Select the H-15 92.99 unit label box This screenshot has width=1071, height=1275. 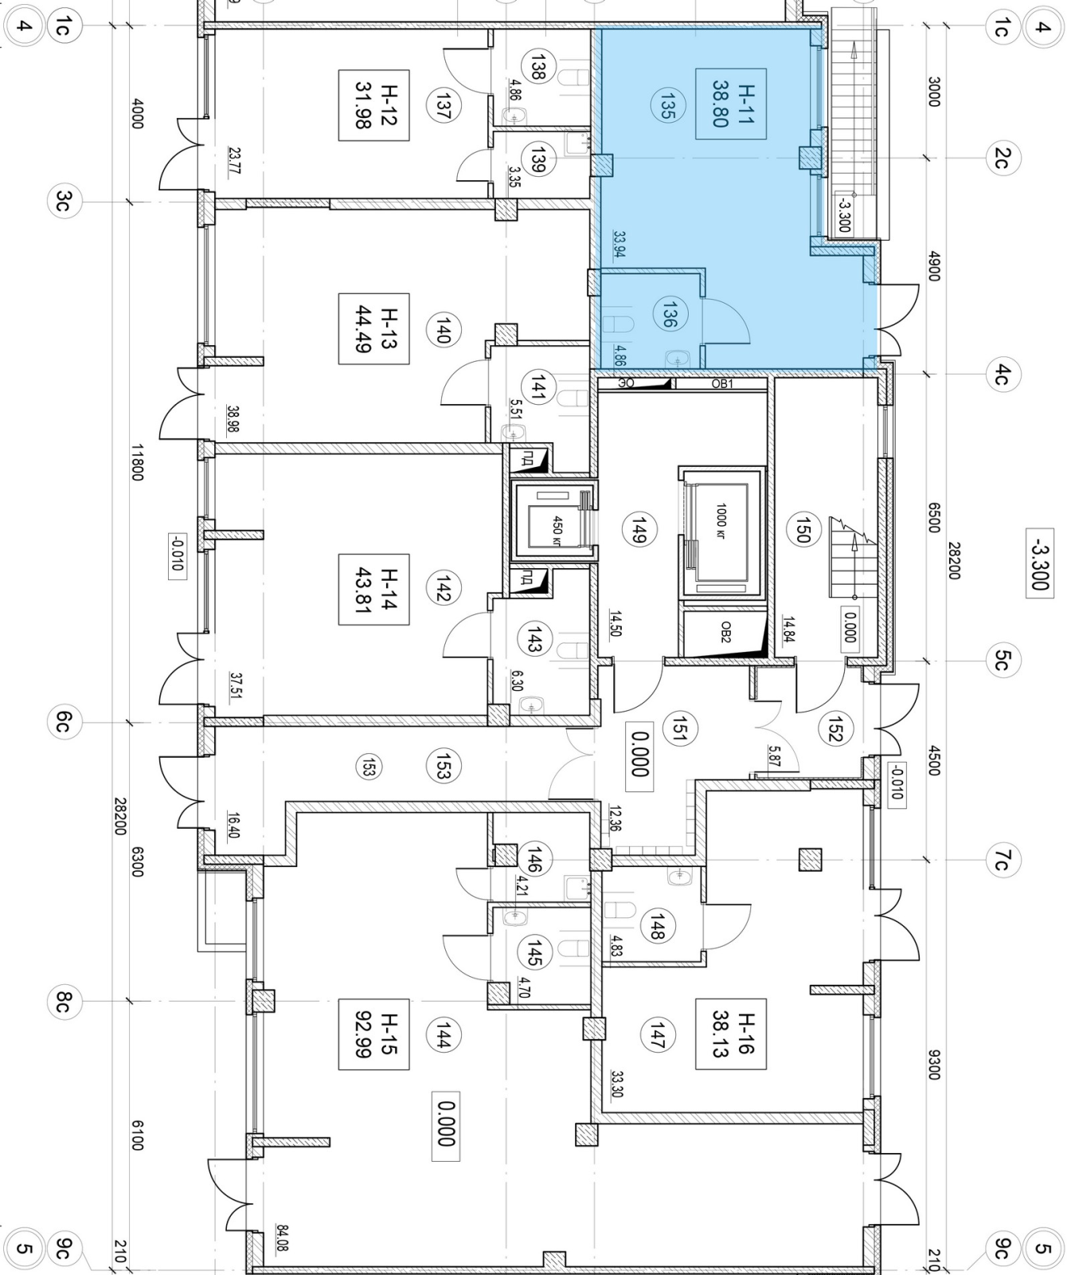373,1034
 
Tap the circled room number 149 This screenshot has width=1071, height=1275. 637,529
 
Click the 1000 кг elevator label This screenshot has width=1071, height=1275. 721,520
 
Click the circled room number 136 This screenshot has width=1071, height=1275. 668,314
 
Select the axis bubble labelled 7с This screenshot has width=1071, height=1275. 1002,860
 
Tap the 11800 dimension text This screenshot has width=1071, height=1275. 136,462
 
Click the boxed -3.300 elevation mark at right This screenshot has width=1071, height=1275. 1039,561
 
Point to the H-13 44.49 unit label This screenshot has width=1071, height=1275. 373,328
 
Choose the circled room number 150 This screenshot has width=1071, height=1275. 802,529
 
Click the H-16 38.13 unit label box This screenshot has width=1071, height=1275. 730,1034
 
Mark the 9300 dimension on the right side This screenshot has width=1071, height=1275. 934,1064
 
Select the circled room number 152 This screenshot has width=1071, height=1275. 835,728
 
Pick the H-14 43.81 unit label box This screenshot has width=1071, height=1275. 373,590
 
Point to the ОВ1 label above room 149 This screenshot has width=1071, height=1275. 721,383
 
